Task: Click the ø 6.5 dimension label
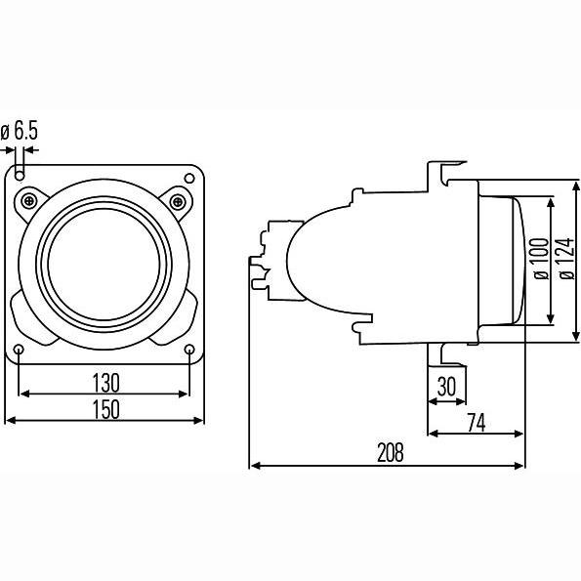pyautogui.click(x=20, y=131)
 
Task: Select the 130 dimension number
pyautogui.click(x=106, y=383)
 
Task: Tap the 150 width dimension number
pyautogui.click(x=106, y=409)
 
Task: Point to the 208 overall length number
pyautogui.click(x=391, y=453)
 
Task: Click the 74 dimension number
pyautogui.click(x=477, y=423)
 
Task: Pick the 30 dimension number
pyautogui.click(x=446, y=387)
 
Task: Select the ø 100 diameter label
pyautogui.click(x=540, y=259)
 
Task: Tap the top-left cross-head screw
pyautogui.click(x=29, y=201)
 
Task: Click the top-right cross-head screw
pyautogui.click(x=178, y=202)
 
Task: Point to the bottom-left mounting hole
pyautogui.click(x=19, y=350)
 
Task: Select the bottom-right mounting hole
pyautogui.click(x=189, y=349)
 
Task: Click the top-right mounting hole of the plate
pyautogui.click(x=189, y=179)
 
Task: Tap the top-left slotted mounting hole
pyautogui.click(x=20, y=172)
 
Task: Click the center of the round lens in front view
pyautogui.click(x=104, y=265)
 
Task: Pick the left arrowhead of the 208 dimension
pyautogui.click(x=255, y=466)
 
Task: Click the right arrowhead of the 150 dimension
pyautogui.click(x=198, y=420)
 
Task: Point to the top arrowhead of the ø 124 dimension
pyautogui.click(x=576, y=187)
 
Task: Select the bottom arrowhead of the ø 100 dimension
pyautogui.click(x=551, y=318)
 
